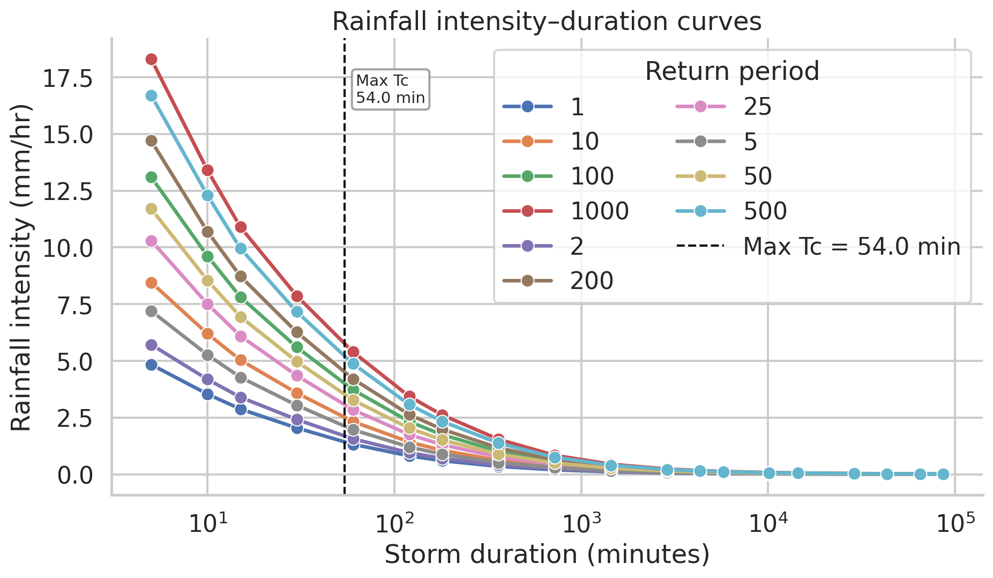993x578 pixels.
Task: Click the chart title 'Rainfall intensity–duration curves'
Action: tap(547, 22)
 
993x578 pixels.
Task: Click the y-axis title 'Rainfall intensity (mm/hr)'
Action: tap(22, 267)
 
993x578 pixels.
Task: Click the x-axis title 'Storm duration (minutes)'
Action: tap(547, 554)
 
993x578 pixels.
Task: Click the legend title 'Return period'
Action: tap(732, 71)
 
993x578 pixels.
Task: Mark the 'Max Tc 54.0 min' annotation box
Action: tap(390, 90)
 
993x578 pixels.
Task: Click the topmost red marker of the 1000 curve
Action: tap(152, 59)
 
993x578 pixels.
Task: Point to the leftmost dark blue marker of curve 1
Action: tap(152, 365)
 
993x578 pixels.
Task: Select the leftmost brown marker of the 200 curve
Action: tap(152, 140)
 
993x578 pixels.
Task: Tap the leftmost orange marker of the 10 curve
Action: tap(152, 283)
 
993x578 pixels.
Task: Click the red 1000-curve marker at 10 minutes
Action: tap(207, 171)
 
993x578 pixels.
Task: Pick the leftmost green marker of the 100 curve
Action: tap(152, 177)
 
